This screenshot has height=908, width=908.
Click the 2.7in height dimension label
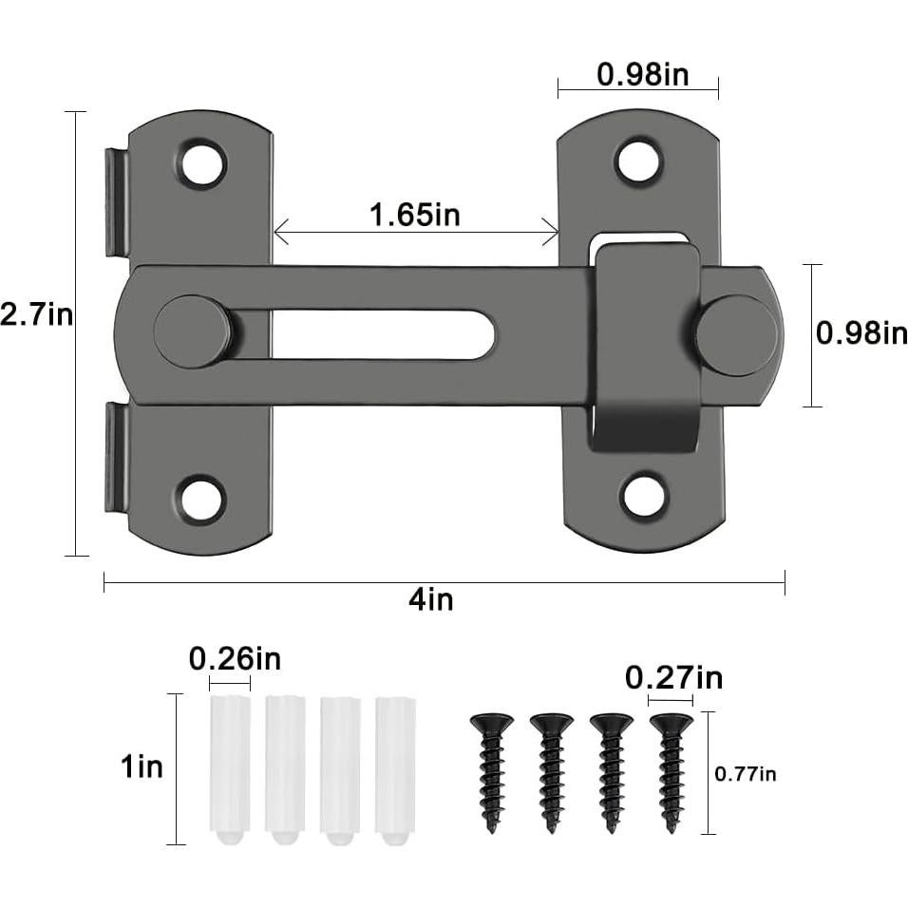[x=36, y=314]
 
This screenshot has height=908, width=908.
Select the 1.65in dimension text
[x=415, y=215]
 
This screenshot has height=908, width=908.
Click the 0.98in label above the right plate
[x=643, y=74]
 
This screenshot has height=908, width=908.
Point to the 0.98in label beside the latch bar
[x=861, y=333]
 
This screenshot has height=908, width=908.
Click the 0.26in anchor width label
[x=235, y=658]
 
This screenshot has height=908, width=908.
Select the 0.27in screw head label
[x=673, y=678]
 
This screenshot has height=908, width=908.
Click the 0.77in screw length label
[x=745, y=774]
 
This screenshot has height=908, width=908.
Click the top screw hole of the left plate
[x=202, y=163]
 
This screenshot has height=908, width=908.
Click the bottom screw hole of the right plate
[x=646, y=494]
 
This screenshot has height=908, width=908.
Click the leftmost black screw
[x=491, y=769]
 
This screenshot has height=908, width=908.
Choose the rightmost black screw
[x=672, y=769]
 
